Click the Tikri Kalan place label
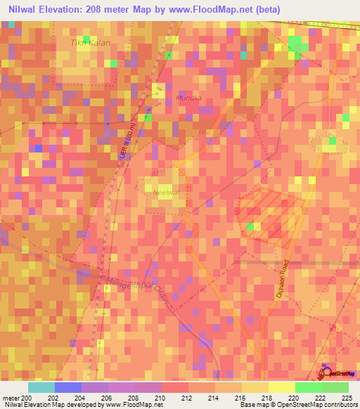tap(91, 43)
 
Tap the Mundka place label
tap(189, 98)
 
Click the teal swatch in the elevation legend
tap(41, 387)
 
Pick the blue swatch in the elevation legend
tap(67, 387)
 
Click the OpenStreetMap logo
tap(340, 373)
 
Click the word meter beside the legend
tap(11, 397)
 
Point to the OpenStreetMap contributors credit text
tap(316, 405)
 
